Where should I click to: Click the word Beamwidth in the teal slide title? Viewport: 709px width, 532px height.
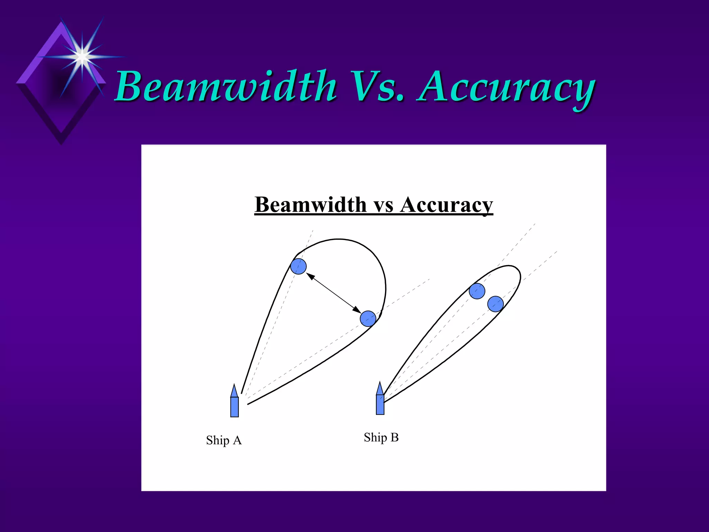point(225,87)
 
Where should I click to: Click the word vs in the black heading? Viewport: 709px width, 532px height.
point(384,205)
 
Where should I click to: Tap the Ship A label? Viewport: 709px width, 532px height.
point(224,440)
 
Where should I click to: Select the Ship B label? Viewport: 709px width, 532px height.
point(381,437)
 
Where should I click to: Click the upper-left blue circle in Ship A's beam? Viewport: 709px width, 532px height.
point(298,266)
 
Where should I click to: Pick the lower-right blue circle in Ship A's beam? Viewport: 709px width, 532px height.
point(368,319)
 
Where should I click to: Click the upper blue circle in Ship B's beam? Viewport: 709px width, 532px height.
point(477,291)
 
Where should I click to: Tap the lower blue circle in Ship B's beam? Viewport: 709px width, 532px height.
point(495,304)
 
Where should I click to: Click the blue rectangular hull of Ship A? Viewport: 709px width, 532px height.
point(234,407)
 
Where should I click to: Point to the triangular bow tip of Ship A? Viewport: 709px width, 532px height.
point(234,391)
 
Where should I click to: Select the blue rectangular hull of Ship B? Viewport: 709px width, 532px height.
point(380,405)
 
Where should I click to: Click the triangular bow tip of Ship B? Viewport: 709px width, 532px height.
point(380,389)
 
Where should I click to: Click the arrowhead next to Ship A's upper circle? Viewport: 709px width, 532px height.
point(310,276)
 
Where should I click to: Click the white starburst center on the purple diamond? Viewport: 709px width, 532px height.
point(82,56)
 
